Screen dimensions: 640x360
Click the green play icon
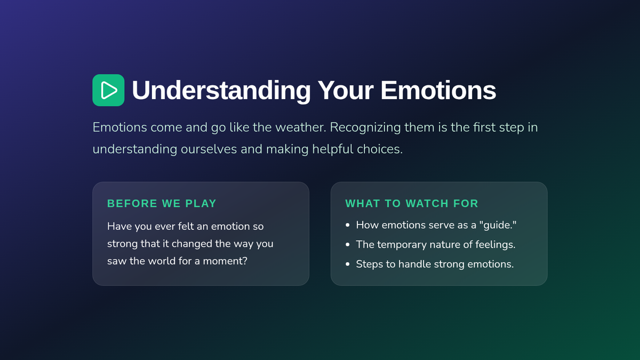(x=108, y=90)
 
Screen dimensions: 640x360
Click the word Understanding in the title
(x=221, y=91)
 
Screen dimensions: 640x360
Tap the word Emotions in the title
(x=438, y=90)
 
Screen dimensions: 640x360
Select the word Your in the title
(x=346, y=90)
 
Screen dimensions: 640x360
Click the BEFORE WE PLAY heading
(x=162, y=203)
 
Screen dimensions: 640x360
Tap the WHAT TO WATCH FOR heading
(x=412, y=203)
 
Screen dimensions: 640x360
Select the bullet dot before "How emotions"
(x=347, y=225)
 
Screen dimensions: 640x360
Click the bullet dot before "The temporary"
(x=347, y=245)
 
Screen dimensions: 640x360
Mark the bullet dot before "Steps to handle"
(x=347, y=265)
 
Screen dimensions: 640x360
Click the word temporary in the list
(x=402, y=245)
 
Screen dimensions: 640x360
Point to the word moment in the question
(x=225, y=261)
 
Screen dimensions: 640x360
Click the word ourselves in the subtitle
(x=209, y=149)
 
